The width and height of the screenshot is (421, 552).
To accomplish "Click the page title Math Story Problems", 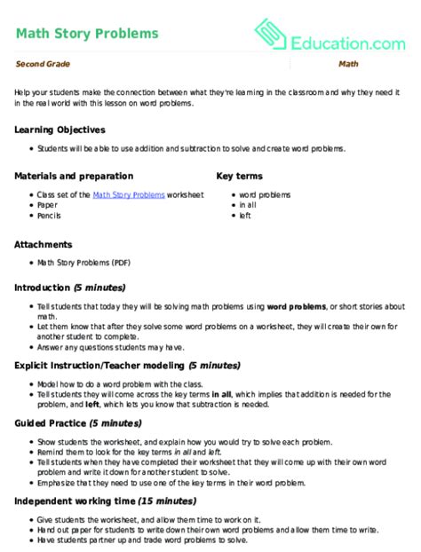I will click(x=87, y=34).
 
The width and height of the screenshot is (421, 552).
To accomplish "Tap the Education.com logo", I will click(x=330, y=37).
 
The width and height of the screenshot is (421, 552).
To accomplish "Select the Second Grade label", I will click(x=43, y=65).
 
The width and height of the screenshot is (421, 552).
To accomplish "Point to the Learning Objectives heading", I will click(x=60, y=130).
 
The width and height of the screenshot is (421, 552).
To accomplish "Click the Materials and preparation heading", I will click(x=74, y=176).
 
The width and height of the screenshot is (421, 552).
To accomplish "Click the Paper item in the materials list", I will click(x=46, y=204).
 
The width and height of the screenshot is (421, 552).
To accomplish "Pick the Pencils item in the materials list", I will click(x=48, y=215).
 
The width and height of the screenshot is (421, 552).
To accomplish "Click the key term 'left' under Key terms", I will click(x=244, y=215).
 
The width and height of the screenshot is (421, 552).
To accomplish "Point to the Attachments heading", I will click(x=44, y=243).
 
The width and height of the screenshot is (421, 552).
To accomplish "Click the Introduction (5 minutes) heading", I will click(x=70, y=288).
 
